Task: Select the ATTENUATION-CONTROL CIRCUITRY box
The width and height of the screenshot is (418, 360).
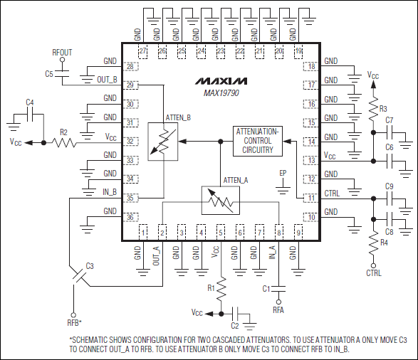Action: pyautogui.click(x=257, y=141)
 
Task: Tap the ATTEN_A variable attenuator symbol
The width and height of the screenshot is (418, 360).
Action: pyautogui.click(x=220, y=200)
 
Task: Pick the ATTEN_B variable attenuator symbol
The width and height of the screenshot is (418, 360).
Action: pyautogui.click(x=164, y=141)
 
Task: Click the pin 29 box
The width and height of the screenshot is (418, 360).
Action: pyautogui.click(x=130, y=85)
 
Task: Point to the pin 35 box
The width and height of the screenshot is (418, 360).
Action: pyautogui.click(x=130, y=198)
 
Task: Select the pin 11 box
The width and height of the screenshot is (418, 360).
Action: pyautogui.click(x=311, y=198)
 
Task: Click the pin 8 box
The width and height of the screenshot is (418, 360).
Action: pyautogui.click(x=279, y=232)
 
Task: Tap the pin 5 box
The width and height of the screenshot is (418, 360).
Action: pyautogui.click(x=221, y=232)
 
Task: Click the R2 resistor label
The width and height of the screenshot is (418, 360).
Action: pyautogui.click(x=63, y=132)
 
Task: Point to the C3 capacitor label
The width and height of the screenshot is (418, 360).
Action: pyautogui.click(x=89, y=265)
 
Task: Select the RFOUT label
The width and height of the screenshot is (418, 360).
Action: pyautogui.click(x=63, y=53)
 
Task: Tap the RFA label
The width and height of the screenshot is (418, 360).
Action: pyautogui.click(x=278, y=309)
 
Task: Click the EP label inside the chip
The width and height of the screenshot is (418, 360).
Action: pyautogui.click(x=283, y=173)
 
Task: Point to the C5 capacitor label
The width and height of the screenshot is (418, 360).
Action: pyautogui.click(x=49, y=74)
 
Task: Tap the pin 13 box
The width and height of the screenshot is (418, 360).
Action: pyautogui.click(x=311, y=161)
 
